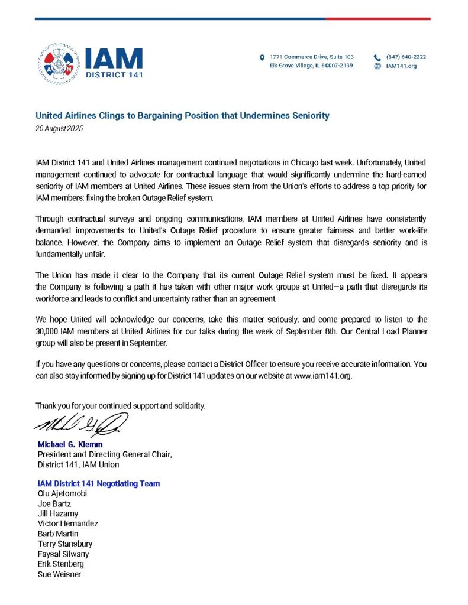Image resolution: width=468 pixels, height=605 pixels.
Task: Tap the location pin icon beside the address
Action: click(262, 57)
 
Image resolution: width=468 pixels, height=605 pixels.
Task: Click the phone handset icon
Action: click(377, 57)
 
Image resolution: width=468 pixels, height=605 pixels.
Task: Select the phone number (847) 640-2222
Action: click(406, 57)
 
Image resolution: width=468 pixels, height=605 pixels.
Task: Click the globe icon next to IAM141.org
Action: click(377, 66)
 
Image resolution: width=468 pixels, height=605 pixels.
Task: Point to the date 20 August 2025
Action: click(59, 128)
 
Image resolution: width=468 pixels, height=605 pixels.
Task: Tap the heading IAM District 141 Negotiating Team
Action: click(98, 483)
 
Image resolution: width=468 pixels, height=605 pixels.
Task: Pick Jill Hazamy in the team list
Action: click(57, 513)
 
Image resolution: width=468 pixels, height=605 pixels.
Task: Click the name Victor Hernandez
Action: click(67, 523)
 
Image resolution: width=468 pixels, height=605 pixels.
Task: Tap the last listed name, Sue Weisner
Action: click(59, 574)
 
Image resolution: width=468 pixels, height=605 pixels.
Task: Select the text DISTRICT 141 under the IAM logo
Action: click(114, 75)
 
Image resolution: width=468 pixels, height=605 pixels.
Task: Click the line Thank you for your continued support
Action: click(121, 406)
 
